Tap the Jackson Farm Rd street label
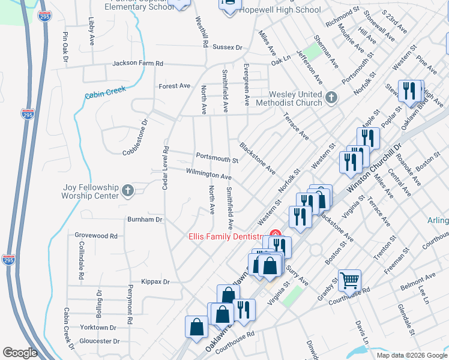[137, 63]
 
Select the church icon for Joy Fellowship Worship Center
[127, 191]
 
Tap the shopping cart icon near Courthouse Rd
[349, 280]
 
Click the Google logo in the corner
[20, 353]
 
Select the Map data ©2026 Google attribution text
[412, 355]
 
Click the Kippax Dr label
[155, 281]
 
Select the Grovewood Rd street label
[96, 236]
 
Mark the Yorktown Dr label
[98, 328]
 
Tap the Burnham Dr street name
[145, 220]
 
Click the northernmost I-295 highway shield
[28, 114]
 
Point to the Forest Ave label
[174, 86]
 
